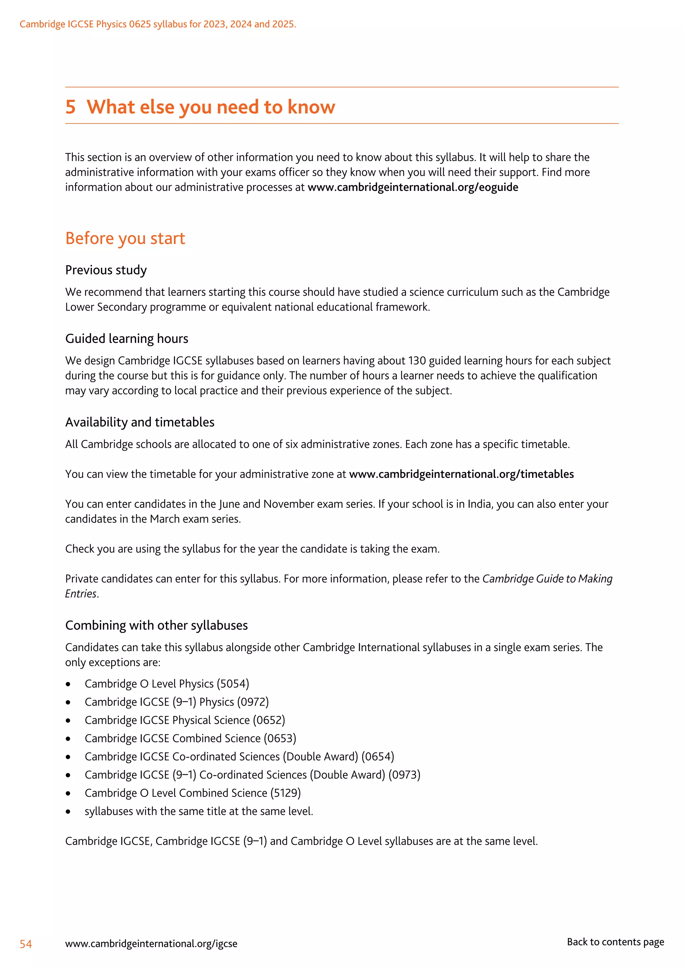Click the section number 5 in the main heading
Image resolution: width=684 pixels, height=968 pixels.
tap(70, 107)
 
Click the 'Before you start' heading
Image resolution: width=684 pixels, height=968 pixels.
tap(125, 239)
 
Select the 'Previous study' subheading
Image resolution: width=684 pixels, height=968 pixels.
tap(106, 270)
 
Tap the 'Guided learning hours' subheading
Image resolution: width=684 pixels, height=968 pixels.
tap(126, 339)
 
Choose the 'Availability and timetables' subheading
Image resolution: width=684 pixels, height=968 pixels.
tap(139, 422)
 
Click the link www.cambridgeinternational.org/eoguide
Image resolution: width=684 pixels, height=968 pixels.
tap(413, 187)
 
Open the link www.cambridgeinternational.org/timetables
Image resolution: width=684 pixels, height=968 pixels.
tap(461, 474)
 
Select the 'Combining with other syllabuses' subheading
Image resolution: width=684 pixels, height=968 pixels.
tap(156, 626)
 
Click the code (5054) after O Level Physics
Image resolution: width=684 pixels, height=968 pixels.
tap(233, 684)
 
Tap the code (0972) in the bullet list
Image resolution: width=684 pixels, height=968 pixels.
tap(253, 702)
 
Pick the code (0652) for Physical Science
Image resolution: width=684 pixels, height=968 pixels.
tap(269, 720)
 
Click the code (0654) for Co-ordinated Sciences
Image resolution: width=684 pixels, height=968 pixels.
tap(378, 757)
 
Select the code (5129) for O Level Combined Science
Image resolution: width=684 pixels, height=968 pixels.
tap(286, 793)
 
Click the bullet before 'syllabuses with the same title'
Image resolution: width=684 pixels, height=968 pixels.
tap(68, 812)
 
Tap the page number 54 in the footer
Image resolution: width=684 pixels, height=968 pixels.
tap(26, 944)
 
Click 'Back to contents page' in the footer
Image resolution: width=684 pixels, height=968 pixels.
tap(615, 942)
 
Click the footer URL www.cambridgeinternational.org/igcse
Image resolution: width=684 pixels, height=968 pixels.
tap(151, 944)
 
